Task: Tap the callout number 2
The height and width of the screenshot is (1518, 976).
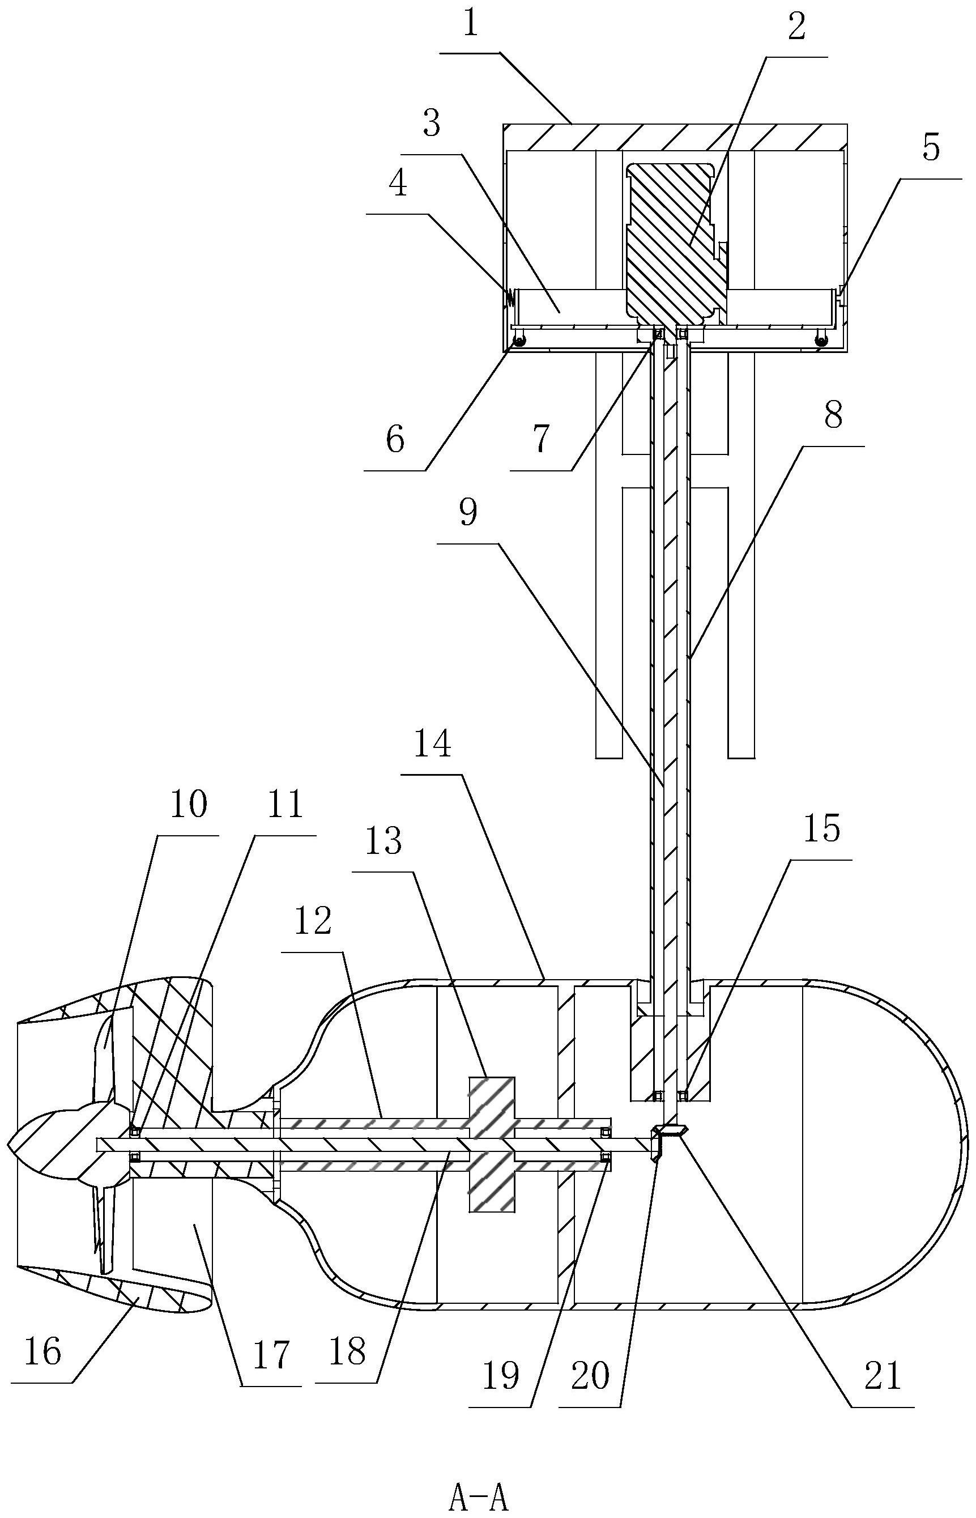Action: (x=796, y=27)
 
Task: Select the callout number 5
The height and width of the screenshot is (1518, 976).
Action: (x=930, y=148)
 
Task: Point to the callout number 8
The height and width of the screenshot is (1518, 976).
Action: (x=833, y=416)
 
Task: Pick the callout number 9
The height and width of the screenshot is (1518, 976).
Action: (x=468, y=512)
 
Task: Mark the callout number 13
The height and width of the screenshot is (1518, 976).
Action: (x=384, y=841)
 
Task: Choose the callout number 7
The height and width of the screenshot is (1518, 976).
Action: (x=540, y=439)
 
